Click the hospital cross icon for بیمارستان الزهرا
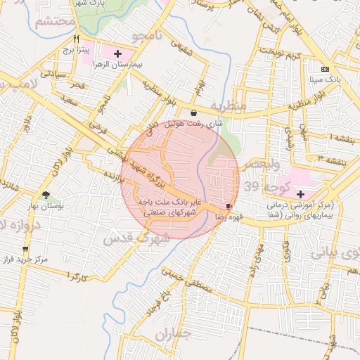tap(117, 53)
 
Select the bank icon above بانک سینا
tap(324, 69)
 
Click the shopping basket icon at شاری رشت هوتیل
tap(193, 112)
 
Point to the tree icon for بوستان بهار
tap(46, 195)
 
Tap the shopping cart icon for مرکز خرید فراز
tap(26, 248)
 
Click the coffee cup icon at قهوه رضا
tap(229, 205)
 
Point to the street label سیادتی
tap(52, 73)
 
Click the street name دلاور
tap(26, 131)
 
